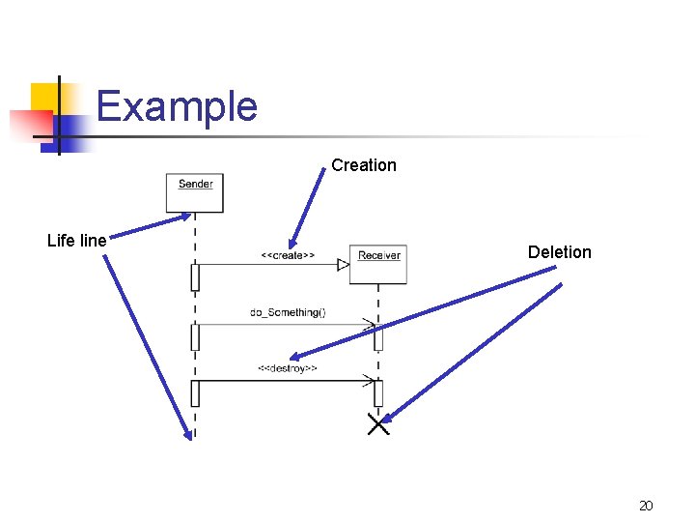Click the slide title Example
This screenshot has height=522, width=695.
pos(177,106)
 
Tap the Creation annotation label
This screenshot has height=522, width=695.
pos(363,165)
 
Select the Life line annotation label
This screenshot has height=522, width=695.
pos(76,241)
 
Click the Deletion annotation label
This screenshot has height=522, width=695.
pos(559,252)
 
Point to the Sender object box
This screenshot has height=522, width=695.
pos(195,192)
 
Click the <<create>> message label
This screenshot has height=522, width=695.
pos(287,255)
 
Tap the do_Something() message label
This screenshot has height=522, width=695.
pos(288,312)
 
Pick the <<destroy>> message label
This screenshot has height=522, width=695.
pos(287,368)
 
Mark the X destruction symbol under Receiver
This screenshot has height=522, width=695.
pos(378,423)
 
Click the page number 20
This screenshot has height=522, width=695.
pos(646,506)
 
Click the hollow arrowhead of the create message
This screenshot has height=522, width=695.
pos(343,264)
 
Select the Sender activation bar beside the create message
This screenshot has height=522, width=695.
pos(195,277)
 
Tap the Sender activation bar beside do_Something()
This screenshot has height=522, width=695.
pos(195,336)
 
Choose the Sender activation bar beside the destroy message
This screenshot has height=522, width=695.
pos(195,393)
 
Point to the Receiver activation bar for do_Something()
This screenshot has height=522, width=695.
pos(378,336)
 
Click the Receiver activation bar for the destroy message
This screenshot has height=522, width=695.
pos(378,393)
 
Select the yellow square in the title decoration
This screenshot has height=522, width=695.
pos(44,98)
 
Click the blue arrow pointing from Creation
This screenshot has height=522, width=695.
pos(308,207)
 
